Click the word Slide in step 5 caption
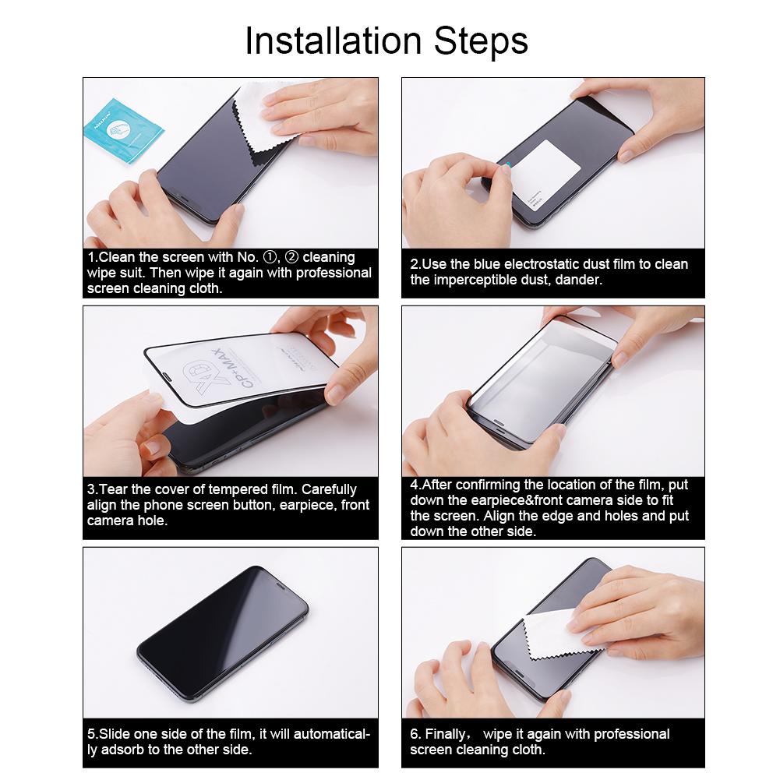[x=116, y=734]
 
